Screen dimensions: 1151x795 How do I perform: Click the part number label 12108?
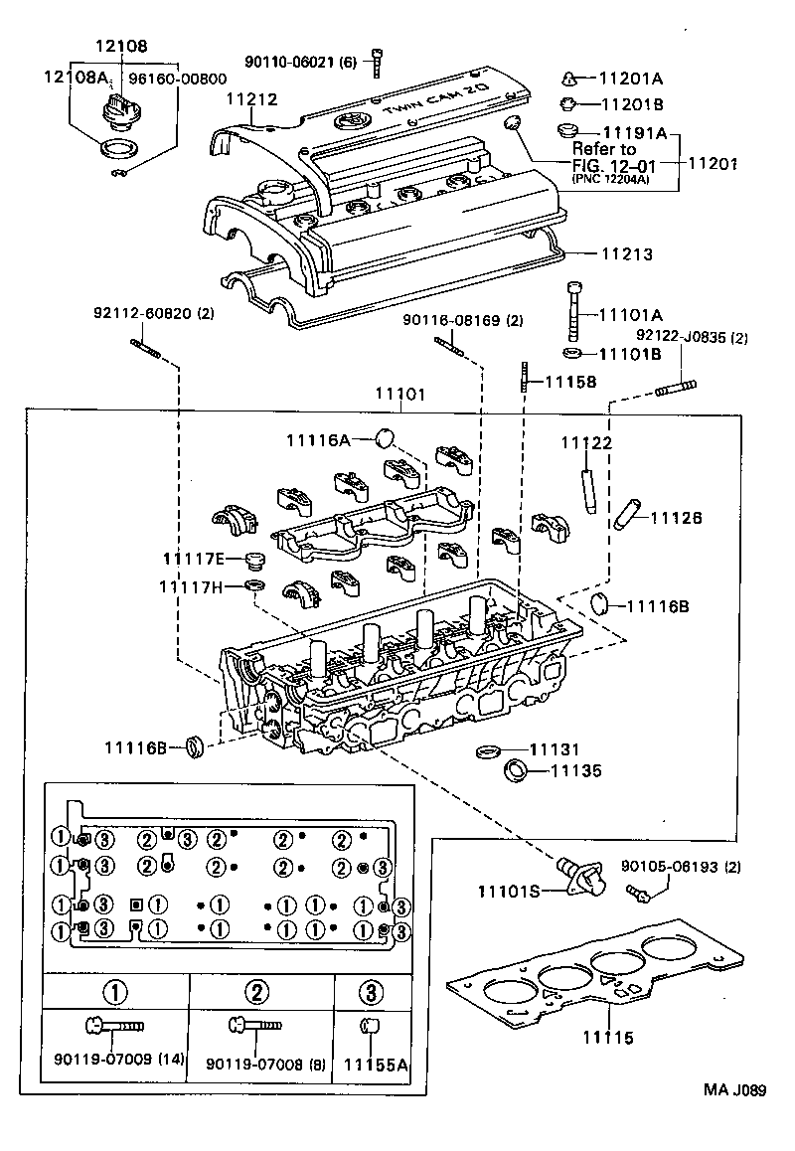click(x=121, y=46)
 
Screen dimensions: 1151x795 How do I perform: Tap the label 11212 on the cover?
click(x=250, y=99)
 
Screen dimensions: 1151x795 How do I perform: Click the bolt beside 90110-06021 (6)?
click(x=378, y=62)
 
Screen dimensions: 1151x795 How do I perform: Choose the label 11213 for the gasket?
click(x=626, y=254)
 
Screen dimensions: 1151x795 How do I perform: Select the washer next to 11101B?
click(x=573, y=353)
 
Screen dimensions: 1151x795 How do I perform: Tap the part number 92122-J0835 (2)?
click(x=692, y=337)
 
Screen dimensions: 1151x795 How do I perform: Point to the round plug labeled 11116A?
click(x=387, y=437)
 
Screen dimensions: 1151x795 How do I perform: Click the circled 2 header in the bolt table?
click(x=258, y=991)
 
